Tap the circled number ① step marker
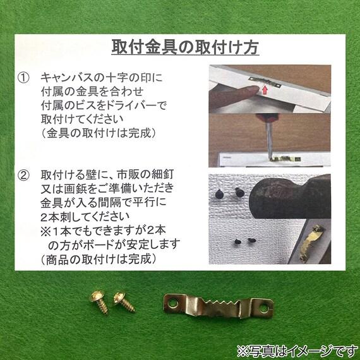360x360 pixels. pyautogui.click(x=23, y=77)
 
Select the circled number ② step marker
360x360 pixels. pyautogui.click(x=23, y=173)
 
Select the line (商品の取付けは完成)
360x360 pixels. pyautogui.click(x=99, y=258)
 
